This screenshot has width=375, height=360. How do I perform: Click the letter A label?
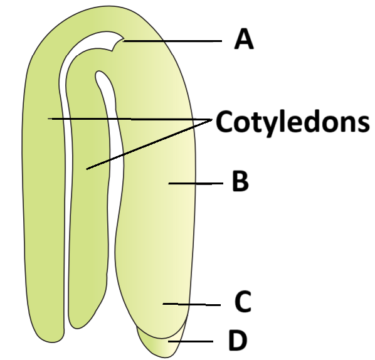click(244, 39)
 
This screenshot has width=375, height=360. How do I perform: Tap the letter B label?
click(240, 181)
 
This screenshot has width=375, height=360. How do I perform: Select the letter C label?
click(243, 302)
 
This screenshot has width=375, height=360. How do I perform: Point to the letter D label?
click(238, 340)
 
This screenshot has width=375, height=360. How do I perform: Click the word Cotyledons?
click(292, 122)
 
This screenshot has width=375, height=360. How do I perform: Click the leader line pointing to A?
click(172, 41)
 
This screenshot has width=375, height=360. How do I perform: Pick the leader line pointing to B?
click(196, 184)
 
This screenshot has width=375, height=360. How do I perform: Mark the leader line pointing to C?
click(191, 304)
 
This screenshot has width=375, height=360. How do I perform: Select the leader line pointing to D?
click(191, 341)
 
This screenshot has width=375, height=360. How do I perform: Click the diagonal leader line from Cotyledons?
click(149, 144)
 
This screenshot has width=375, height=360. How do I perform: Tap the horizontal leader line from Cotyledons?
click(130, 119)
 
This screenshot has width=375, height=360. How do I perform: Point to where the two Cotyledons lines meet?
click(212, 119)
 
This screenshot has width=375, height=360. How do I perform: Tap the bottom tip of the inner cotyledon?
click(77, 327)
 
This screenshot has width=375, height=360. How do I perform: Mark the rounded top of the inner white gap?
click(100, 73)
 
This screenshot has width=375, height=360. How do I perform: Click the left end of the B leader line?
click(169, 184)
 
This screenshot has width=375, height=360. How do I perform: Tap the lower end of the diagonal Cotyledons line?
click(87, 169)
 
